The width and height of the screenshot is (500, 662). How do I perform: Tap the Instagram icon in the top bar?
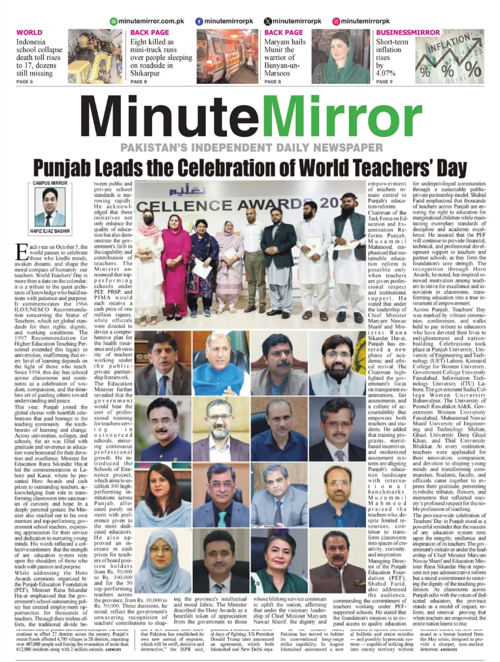336,21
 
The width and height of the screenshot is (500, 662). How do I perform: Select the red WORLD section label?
29,33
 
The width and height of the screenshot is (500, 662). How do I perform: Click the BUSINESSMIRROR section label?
408,33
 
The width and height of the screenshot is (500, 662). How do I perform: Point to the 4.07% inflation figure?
386,73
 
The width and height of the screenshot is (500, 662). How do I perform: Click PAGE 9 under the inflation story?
384,82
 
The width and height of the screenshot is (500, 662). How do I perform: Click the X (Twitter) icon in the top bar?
267,21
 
